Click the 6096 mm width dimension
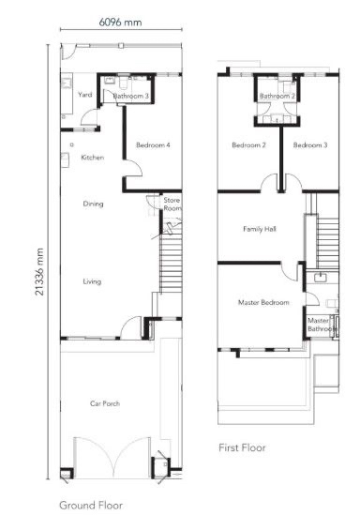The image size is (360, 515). click(120, 23)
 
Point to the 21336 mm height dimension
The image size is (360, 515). click(39, 272)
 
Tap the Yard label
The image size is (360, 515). click(85, 95)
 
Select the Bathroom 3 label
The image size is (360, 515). click(131, 96)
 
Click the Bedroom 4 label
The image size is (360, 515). click(153, 144)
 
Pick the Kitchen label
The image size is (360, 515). click(93, 158)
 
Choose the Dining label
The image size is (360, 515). click(93, 204)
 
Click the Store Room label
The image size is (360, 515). click(172, 204)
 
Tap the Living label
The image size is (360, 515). click(92, 281)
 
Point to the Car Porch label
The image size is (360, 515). click(105, 403)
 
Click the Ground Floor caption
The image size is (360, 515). click(91, 505)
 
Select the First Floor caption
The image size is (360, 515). click(242, 447)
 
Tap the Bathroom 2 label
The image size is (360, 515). click(277, 96)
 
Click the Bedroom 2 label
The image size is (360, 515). click(248, 144)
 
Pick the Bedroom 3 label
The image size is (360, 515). click(310, 144)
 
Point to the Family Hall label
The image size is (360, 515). click(260, 229)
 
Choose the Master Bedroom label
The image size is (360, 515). click(263, 302)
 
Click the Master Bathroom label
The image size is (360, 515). click(322, 325)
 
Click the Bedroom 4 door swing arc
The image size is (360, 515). click(137, 165)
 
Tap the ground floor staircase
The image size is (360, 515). click(171, 260)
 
